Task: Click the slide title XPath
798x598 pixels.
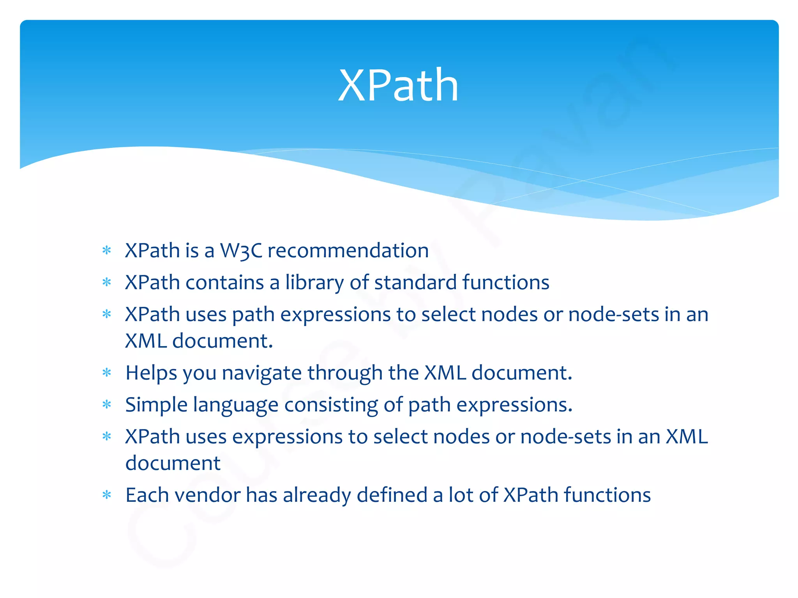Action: point(398,85)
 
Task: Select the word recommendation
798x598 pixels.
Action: point(348,251)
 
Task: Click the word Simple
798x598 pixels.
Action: point(156,405)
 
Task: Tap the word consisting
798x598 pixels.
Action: point(331,405)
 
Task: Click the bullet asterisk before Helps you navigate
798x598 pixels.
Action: point(107,373)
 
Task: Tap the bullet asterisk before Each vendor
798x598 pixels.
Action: point(107,496)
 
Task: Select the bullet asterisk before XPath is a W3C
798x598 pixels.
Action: point(107,251)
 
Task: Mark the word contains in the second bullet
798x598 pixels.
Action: point(224,283)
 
